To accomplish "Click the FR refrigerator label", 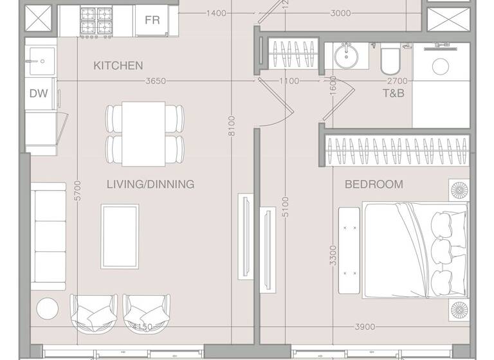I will tap(152, 20).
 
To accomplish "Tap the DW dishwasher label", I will tap(39, 93).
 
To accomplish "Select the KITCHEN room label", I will tap(118, 66).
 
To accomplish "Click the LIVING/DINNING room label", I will tap(151, 184).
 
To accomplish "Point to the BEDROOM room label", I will tap(374, 184).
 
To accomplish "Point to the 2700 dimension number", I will tap(397, 82).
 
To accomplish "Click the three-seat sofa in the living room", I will tap(48, 235).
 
